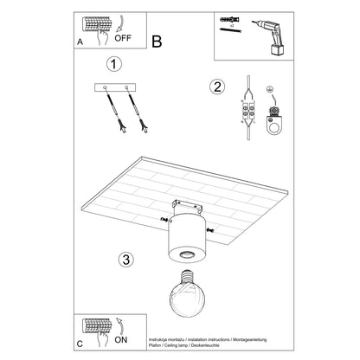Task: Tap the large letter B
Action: [157, 40]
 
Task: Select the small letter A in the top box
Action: [80, 48]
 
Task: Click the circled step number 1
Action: [111, 64]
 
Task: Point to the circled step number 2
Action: [216, 86]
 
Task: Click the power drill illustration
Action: [267, 34]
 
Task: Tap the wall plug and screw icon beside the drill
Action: [229, 25]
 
